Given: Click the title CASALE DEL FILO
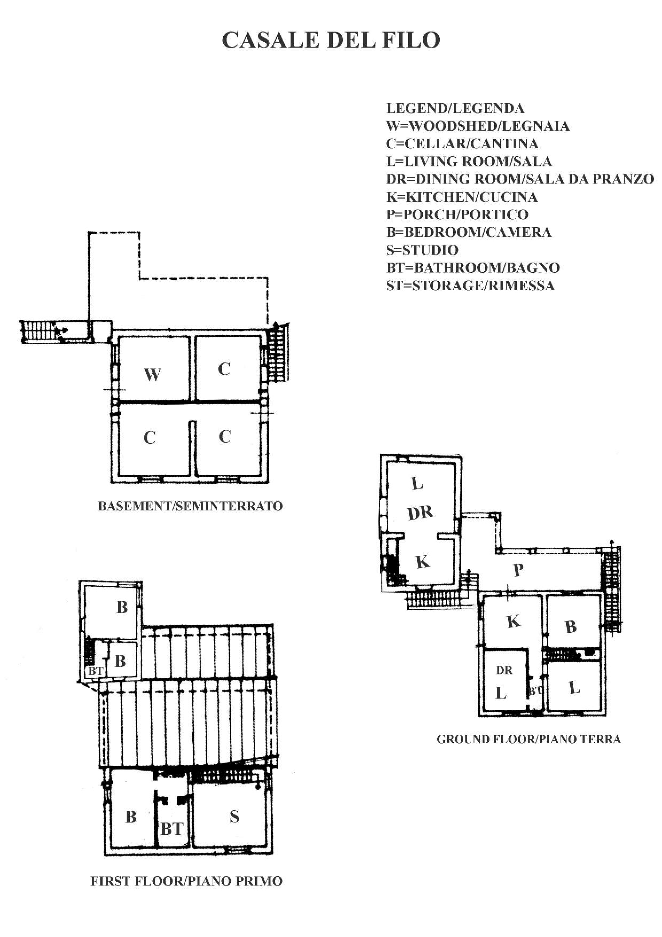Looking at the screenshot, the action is coord(331,40).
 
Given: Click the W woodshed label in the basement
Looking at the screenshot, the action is coord(152,374).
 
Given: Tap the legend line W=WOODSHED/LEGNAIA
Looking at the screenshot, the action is coord(478,126).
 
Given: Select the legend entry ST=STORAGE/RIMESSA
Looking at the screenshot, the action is coord(470,285).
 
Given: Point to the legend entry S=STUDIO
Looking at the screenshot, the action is coord(422,250).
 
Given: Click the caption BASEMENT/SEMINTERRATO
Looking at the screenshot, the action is coord(190,506).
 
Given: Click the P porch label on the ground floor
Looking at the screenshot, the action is coord(518,570).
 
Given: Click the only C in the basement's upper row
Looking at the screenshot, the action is coord(224,369).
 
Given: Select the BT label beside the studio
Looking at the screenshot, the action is coord(172,829).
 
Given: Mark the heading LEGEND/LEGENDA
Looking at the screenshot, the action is coord(455,108).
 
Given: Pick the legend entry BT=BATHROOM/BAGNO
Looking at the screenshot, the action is coord(473,267).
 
